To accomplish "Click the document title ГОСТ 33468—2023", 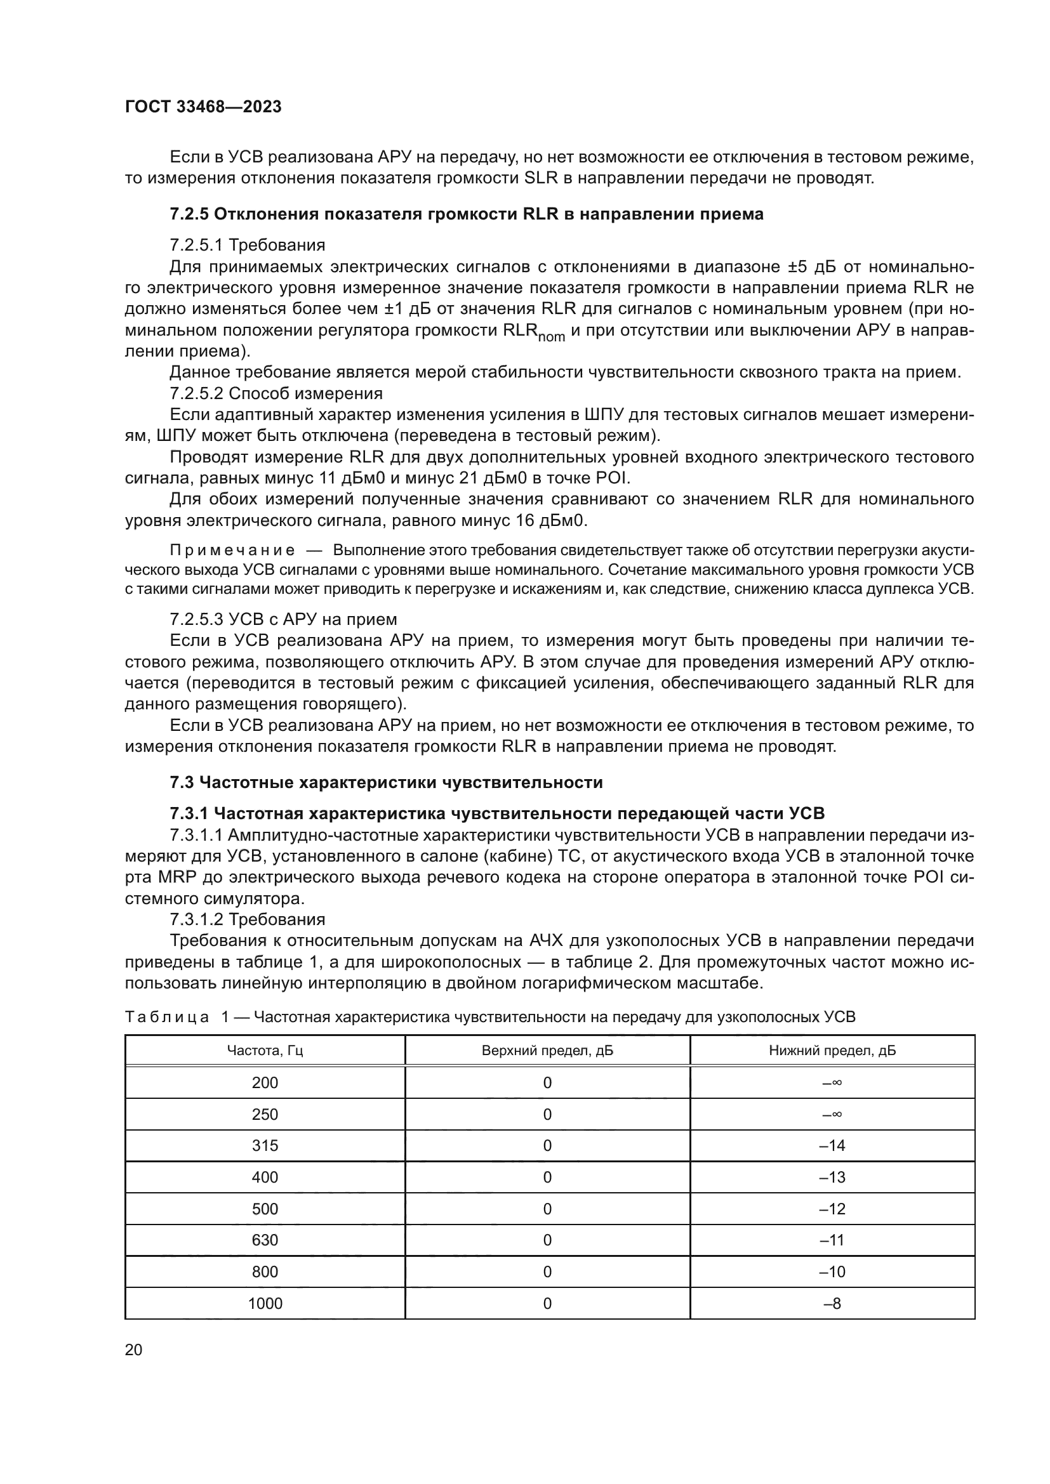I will pyautogui.click(x=203, y=107).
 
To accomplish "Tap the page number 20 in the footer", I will pyautogui.click(x=133, y=1349).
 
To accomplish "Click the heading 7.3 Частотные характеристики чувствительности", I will pyautogui.click(x=386, y=783).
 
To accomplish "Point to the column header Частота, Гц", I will pyautogui.click(x=265, y=1051).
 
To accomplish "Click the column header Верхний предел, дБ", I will pyautogui.click(x=547, y=1051).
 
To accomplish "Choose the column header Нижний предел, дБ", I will pyautogui.click(x=832, y=1051).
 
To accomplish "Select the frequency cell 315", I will pyautogui.click(x=265, y=1146).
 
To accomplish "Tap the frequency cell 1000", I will pyautogui.click(x=265, y=1304).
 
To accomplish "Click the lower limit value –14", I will pyautogui.click(x=832, y=1146).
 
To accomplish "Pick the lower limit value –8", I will pyautogui.click(x=832, y=1304).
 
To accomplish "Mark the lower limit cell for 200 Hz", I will pyautogui.click(x=832, y=1082).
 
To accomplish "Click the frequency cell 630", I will pyautogui.click(x=265, y=1240).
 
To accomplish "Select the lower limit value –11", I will pyautogui.click(x=832, y=1240).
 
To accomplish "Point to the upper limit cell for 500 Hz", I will pyautogui.click(x=547, y=1209).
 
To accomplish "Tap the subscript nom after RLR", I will pyautogui.click(x=552, y=337).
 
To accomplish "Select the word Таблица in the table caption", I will pyautogui.click(x=167, y=1017).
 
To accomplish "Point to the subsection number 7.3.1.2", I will pyautogui.click(x=197, y=919).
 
